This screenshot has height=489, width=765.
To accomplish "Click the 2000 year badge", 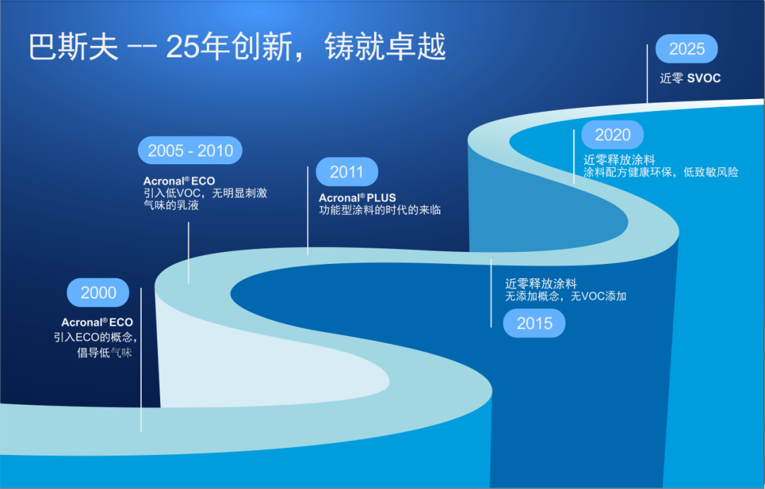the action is (98, 292).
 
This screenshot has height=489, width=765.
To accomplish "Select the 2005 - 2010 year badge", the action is (191, 150).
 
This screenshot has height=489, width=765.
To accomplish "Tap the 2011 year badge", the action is (347, 172).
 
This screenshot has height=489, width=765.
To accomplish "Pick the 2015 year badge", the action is (534, 323).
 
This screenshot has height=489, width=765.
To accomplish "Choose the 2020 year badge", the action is (612, 134).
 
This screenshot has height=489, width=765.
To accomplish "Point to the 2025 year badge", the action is (686, 49).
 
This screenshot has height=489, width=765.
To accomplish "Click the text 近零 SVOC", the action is (691, 78).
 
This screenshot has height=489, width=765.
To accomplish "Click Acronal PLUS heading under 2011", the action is (357, 197).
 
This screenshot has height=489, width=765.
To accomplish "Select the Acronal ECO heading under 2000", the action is (97, 322).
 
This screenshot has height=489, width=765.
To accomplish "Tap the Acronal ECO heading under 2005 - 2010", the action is (179, 180).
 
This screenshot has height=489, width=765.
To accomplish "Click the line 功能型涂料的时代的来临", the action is (380, 209).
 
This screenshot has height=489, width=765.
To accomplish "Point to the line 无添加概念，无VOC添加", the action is (565, 296).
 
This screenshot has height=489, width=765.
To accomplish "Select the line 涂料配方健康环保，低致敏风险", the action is (661, 172).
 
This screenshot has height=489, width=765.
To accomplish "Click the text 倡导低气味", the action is (104, 352).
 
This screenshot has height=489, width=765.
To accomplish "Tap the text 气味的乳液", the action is (171, 205).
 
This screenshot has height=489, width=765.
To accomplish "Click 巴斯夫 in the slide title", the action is (74, 47).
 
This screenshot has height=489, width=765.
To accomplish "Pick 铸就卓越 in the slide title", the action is (385, 47).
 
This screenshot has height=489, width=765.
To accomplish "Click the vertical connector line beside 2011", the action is (308, 211).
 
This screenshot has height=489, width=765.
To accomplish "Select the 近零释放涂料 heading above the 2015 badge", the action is (540, 284).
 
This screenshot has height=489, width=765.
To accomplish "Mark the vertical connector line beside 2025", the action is (647, 74).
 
